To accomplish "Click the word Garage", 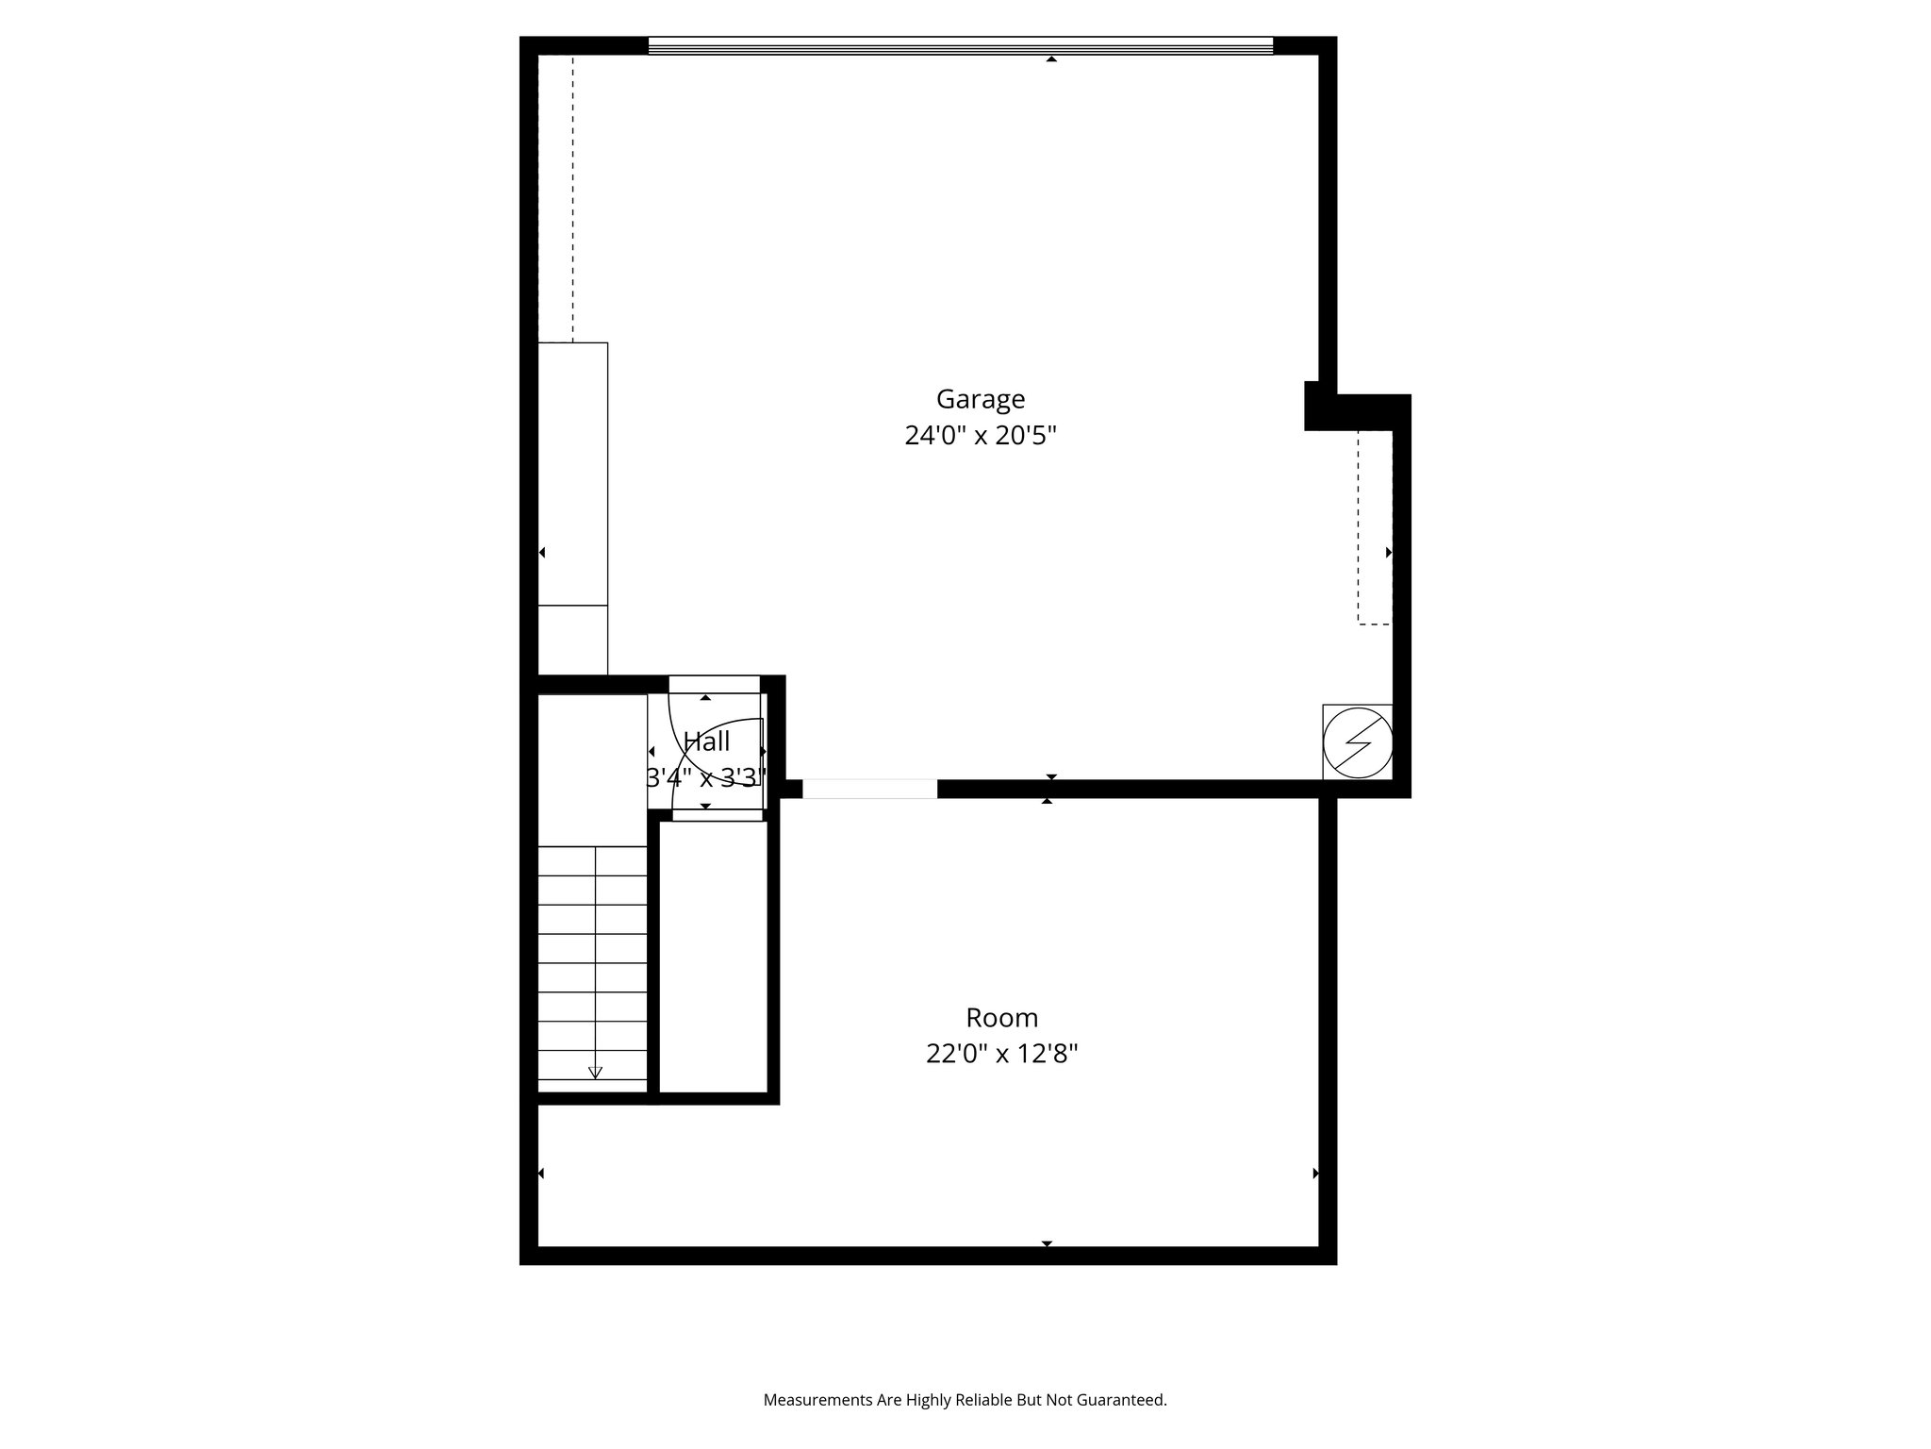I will coord(980,399).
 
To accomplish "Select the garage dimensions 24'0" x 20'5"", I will coord(980,436).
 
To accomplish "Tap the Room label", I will coord(1001,1018).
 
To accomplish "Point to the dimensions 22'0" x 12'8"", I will coord(1001,1054).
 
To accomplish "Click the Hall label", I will coord(706,741).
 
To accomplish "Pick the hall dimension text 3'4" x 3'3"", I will coord(706,778).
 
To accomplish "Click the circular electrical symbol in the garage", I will coord(1358,742).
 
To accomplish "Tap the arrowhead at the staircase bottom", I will coord(595,1072).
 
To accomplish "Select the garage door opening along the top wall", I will coord(960,45).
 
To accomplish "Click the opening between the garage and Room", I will coord(869,790).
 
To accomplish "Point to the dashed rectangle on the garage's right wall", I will coord(1374,528).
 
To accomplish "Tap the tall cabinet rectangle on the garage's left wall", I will coord(572,474).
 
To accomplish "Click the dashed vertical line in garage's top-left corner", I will coord(572,198).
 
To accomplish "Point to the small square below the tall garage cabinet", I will coord(572,640).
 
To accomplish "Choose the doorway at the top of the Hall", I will coord(714,684).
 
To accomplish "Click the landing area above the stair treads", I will coord(592,770).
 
